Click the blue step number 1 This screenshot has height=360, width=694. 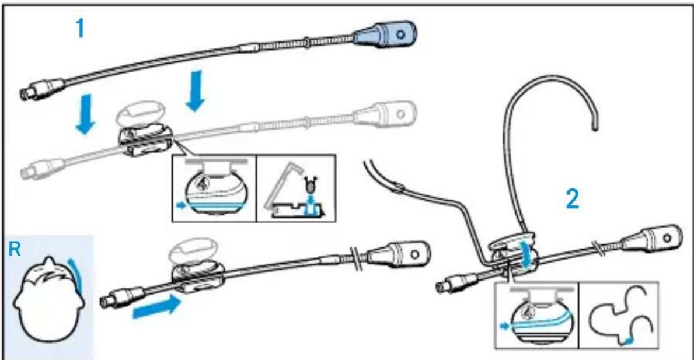(80, 29)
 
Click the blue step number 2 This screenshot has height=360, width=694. (574, 200)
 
